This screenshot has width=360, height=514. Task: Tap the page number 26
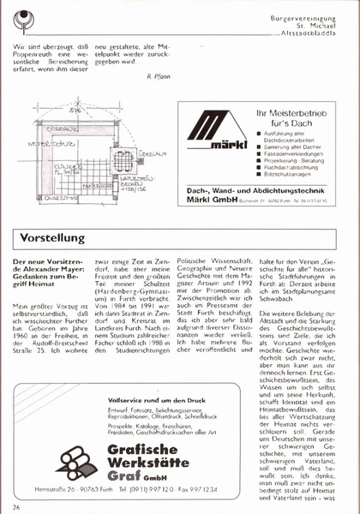pos(16,506)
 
